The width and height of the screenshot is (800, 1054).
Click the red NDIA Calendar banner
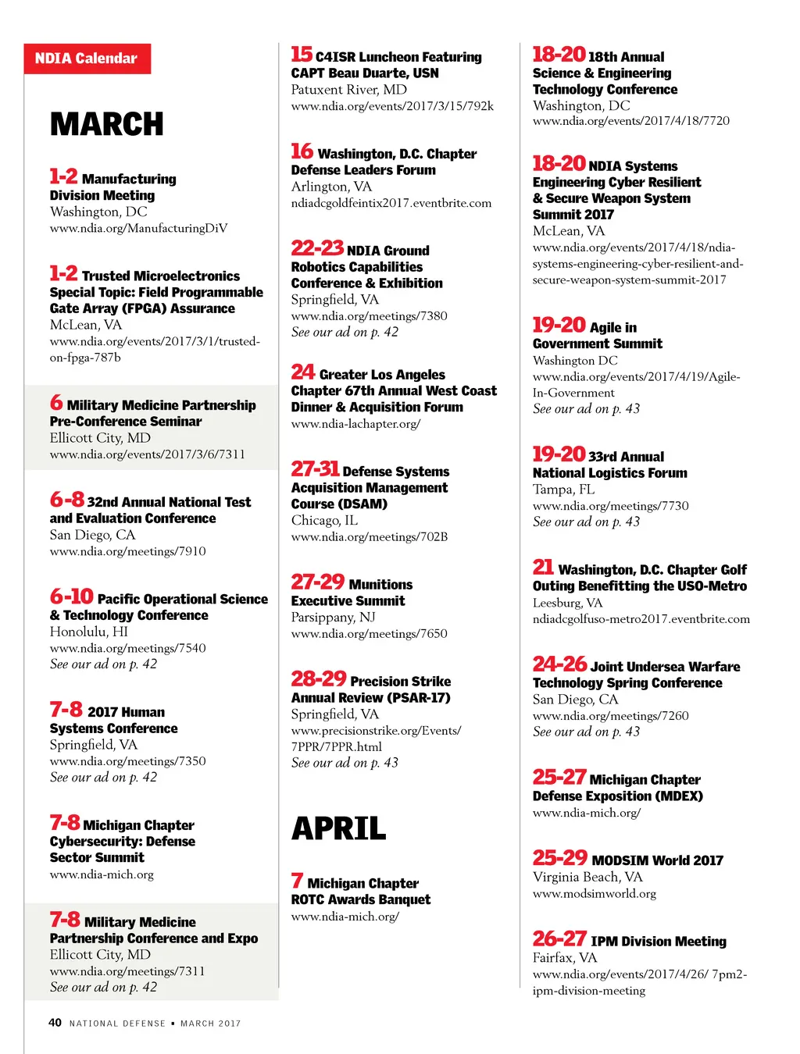87,59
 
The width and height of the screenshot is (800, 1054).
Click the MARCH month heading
107,125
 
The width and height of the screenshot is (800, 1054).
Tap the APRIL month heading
339,828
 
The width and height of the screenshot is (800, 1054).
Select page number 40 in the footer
55,1022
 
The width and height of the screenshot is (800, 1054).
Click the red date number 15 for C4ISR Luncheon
302,55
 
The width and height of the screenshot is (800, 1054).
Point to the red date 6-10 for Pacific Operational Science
71,597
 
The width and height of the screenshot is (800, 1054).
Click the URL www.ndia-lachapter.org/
355,424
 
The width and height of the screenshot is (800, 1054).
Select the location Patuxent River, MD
349,90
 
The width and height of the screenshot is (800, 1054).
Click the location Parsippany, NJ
334,617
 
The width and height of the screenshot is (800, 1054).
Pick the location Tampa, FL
563,490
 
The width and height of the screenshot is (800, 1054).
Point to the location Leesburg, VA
567,603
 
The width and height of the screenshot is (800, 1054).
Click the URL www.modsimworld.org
594,893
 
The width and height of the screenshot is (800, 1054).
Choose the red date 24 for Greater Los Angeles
302,372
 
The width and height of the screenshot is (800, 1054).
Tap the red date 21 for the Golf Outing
543,568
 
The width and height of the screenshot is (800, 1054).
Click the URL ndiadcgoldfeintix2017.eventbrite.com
391,203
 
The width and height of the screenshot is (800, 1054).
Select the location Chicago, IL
324,520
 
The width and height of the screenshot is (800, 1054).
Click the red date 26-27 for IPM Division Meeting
559,939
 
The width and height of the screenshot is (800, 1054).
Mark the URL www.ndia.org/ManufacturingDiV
138,228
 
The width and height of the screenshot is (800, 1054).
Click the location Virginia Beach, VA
587,877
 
